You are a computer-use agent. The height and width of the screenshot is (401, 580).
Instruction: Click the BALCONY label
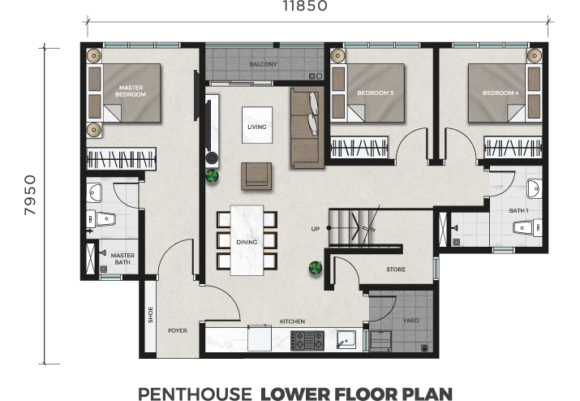click(x=263, y=64)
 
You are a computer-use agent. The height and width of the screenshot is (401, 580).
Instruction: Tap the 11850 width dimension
click(x=305, y=6)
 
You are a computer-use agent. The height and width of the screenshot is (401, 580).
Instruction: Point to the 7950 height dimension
click(x=30, y=195)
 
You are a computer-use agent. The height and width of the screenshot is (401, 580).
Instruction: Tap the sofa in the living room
click(x=307, y=127)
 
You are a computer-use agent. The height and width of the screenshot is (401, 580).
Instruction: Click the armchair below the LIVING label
click(x=256, y=176)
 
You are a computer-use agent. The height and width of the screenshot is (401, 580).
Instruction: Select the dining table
click(x=247, y=240)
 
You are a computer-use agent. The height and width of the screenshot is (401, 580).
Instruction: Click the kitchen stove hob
click(x=307, y=340)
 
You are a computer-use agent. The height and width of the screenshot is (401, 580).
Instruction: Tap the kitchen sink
click(x=346, y=339)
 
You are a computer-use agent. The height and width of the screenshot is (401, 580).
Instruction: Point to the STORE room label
click(x=396, y=269)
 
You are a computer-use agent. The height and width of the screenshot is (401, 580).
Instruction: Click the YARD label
click(x=410, y=321)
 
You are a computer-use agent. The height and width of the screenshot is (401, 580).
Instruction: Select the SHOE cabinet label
click(x=151, y=315)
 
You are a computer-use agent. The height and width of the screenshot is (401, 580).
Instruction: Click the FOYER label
click(x=178, y=330)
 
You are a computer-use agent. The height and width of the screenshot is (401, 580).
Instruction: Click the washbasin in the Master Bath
click(x=94, y=192)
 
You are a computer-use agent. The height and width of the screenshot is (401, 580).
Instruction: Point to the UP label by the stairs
click(x=316, y=229)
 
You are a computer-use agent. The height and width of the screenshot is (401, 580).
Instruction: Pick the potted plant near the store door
click(x=316, y=268)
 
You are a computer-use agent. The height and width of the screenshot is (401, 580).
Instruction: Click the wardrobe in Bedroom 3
click(x=359, y=148)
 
